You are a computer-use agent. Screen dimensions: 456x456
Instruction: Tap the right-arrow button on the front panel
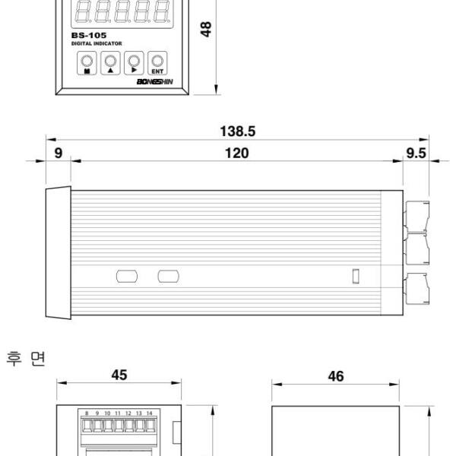[x=135, y=62]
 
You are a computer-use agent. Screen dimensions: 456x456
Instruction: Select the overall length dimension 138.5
[x=238, y=131]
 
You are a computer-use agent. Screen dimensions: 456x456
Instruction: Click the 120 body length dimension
[x=238, y=154]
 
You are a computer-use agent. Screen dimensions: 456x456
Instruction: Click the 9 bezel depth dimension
[x=59, y=154]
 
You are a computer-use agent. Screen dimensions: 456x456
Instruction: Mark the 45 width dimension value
[x=119, y=375]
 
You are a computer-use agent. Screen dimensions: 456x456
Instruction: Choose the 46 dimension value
[x=335, y=375]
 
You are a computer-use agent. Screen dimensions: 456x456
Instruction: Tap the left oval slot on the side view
[x=126, y=275]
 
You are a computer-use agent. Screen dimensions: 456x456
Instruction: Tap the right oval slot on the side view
[x=168, y=275]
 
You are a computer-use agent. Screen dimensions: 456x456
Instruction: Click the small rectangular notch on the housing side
[x=355, y=276]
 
